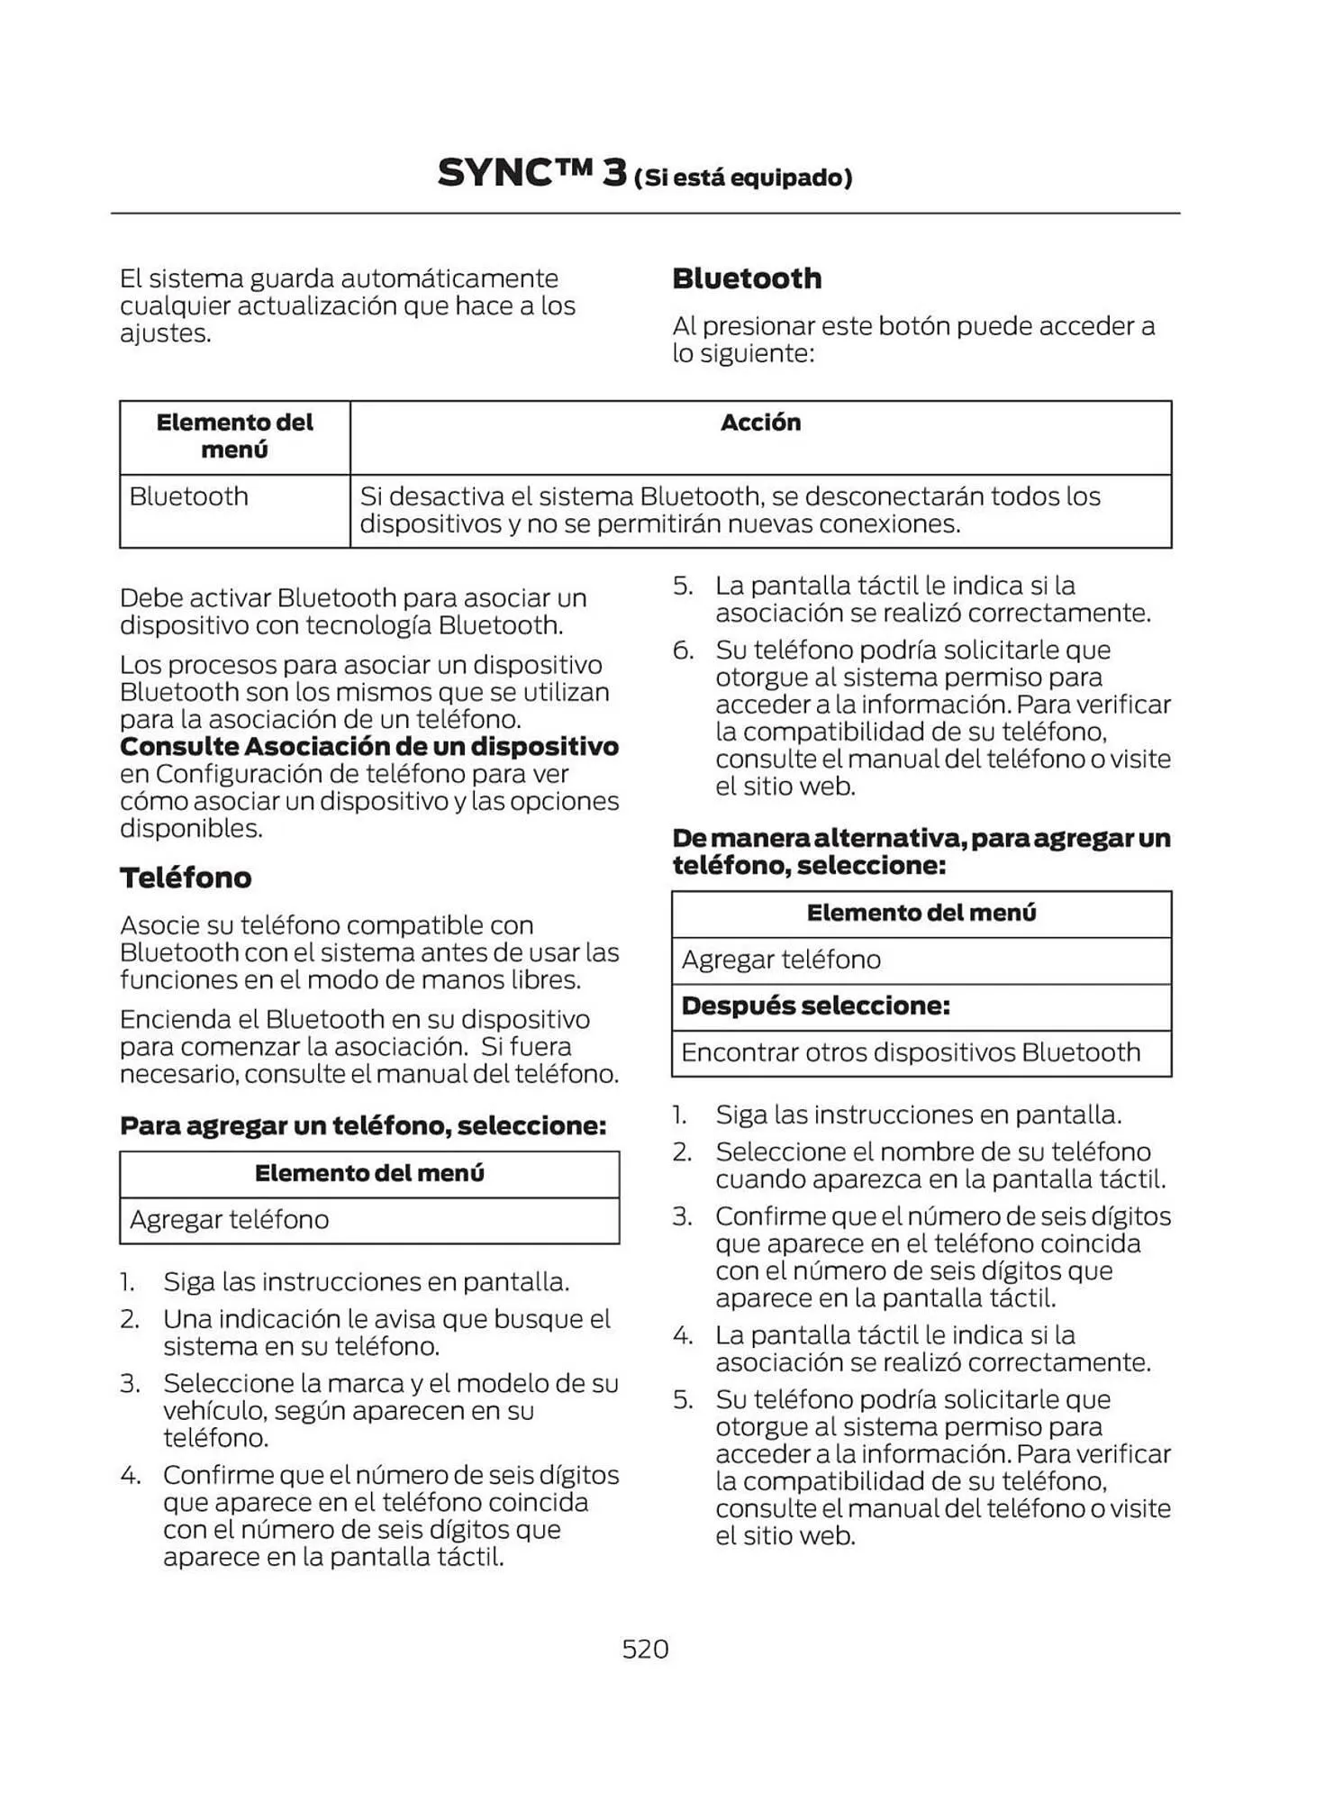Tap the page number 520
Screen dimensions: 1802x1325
(x=645, y=1649)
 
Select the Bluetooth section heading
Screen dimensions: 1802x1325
(x=747, y=278)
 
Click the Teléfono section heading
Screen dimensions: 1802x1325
(x=186, y=878)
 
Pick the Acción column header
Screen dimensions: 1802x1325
(x=760, y=423)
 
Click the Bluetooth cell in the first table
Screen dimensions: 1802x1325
(x=189, y=496)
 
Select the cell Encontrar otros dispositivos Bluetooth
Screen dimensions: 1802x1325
(x=911, y=1052)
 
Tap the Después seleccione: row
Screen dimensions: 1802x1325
(x=816, y=1006)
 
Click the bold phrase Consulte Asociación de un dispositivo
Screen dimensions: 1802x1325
(x=369, y=747)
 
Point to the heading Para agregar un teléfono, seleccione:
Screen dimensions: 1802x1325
(x=363, y=1125)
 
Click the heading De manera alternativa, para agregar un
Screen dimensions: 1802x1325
(x=921, y=838)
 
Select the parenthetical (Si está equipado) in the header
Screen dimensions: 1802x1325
(x=743, y=177)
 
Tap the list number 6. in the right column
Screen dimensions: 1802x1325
(x=683, y=650)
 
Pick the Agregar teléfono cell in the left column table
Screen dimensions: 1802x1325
(x=230, y=1220)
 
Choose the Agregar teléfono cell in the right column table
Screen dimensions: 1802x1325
(x=781, y=960)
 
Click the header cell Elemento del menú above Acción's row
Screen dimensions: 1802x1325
(x=234, y=436)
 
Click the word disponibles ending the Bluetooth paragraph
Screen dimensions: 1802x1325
(x=190, y=828)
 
